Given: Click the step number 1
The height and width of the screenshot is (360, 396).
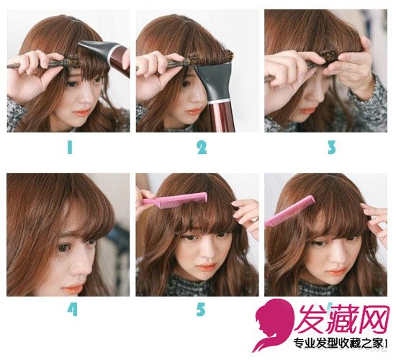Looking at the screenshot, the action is point(70,148).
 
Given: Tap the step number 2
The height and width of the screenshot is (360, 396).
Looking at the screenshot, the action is point(202,148).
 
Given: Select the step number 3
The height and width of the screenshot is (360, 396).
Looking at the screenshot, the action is point(332,148).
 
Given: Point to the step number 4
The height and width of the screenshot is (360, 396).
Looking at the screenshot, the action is point(72,309).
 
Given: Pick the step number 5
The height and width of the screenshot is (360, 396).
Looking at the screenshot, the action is point(201,309).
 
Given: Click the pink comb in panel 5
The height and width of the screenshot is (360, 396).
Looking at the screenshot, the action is point(174,198).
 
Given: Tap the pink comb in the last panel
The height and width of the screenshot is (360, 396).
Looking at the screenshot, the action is point(289,211).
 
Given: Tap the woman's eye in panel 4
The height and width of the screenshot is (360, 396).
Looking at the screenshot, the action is point(63,248).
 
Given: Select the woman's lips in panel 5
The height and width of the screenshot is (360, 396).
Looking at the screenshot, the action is point(207,266).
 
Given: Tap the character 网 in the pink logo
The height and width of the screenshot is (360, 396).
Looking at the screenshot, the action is point(374,320).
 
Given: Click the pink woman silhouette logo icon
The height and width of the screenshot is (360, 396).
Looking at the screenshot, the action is point(274,325).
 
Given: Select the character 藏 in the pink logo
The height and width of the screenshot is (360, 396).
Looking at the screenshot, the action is point(344,319).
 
